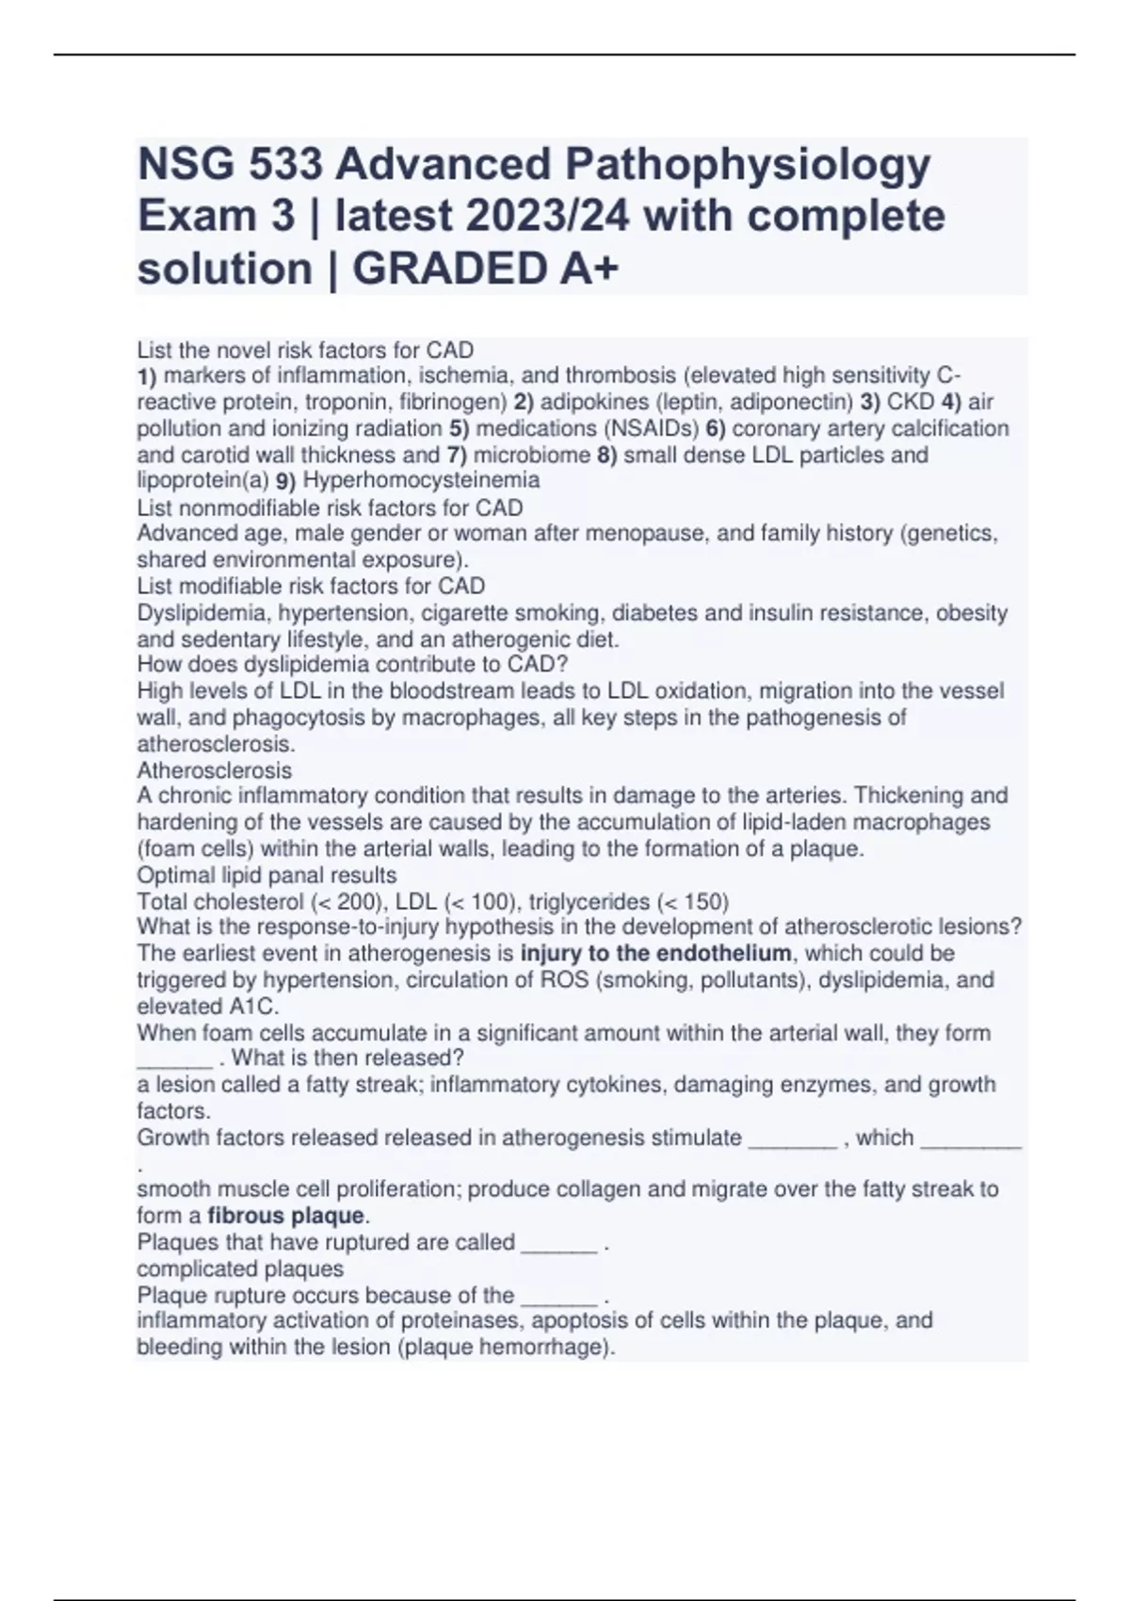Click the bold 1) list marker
(x=148, y=376)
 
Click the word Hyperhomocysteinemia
(x=421, y=480)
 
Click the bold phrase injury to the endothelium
(x=655, y=953)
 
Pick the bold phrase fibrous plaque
(x=285, y=1216)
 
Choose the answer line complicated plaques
(x=240, y=1269)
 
